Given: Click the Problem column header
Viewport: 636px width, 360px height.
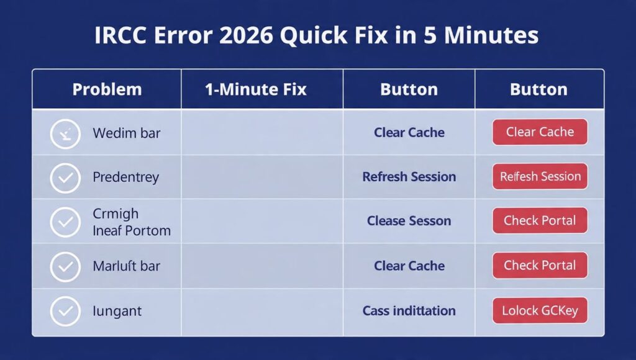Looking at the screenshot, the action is tap(107, 89).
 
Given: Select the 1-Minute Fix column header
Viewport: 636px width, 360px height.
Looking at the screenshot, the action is tap(255, 89).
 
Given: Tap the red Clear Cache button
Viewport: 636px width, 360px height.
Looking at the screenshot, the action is tap(540, 132).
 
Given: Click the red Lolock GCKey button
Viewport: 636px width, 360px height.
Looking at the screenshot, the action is tap(540, 310).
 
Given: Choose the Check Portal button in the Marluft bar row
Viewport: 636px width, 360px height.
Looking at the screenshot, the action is tap(540, 265).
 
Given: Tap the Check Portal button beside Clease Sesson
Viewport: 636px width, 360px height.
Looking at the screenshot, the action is tap(540, 220).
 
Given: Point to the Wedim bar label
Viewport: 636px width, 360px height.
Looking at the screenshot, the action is tap(127, 133).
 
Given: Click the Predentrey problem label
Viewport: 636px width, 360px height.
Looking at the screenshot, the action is tap(125, 177).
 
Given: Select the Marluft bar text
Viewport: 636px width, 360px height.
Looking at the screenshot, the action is tap(127, 266).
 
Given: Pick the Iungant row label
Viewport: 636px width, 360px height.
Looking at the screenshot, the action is tap(117, 311).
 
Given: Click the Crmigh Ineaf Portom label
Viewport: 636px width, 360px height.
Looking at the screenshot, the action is tap(132, 222).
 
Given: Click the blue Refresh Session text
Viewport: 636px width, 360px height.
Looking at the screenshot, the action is tap(409, 177).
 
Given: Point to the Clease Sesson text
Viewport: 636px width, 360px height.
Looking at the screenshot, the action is tap(409, 220).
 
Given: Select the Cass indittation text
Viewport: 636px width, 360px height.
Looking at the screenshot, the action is tap(409, 310).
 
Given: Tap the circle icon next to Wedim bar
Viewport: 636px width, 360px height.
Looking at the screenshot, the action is tap(65, 134).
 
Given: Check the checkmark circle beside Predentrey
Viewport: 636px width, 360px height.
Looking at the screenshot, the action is tap(65, 178).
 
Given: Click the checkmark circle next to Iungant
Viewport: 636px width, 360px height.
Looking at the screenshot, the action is tap(65, 312).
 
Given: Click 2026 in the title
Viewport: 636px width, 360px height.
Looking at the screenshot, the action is tap(246, 35).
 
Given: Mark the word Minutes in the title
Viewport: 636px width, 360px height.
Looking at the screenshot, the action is tap(491, 35).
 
